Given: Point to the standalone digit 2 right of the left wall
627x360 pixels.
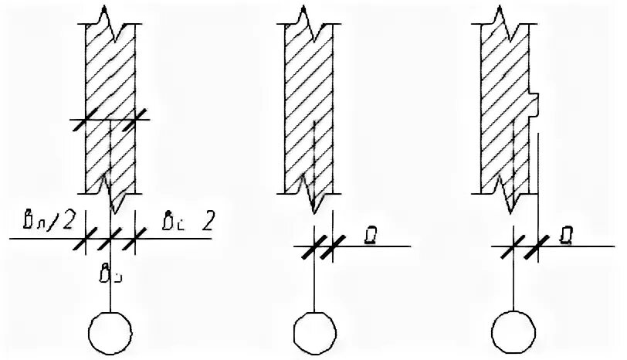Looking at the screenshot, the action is click(207, 224).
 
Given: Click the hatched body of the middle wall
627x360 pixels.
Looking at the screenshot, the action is click(309, 100).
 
